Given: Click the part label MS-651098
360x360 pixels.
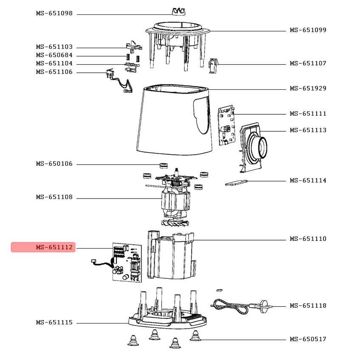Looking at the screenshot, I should click(x=54, y=14).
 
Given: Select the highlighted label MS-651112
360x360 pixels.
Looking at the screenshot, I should click(x=54, y=247).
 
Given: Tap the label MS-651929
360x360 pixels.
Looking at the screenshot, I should click(x=308, y=88).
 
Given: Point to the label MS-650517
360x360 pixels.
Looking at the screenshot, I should click(x=308, y=339).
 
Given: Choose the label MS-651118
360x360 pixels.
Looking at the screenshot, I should click(x=308, y=306).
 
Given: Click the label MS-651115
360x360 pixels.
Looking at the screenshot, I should click(x=54, y=323).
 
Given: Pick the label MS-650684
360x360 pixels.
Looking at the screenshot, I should click(x=54, y=55).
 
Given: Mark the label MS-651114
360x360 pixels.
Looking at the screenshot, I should click(x=308, y=181).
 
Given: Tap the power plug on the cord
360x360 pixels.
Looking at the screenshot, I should click(x=264, y=305).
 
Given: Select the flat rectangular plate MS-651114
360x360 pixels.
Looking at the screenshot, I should click(x=236, y=183).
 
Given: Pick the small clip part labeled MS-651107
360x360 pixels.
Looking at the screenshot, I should click(x=214, y=64).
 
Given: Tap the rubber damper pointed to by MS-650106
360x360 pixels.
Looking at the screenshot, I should click(x=162, y=165).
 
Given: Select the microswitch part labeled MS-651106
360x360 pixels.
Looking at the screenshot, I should click(x=109, y=74).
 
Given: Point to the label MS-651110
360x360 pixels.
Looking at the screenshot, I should click(x=308, y=239).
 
